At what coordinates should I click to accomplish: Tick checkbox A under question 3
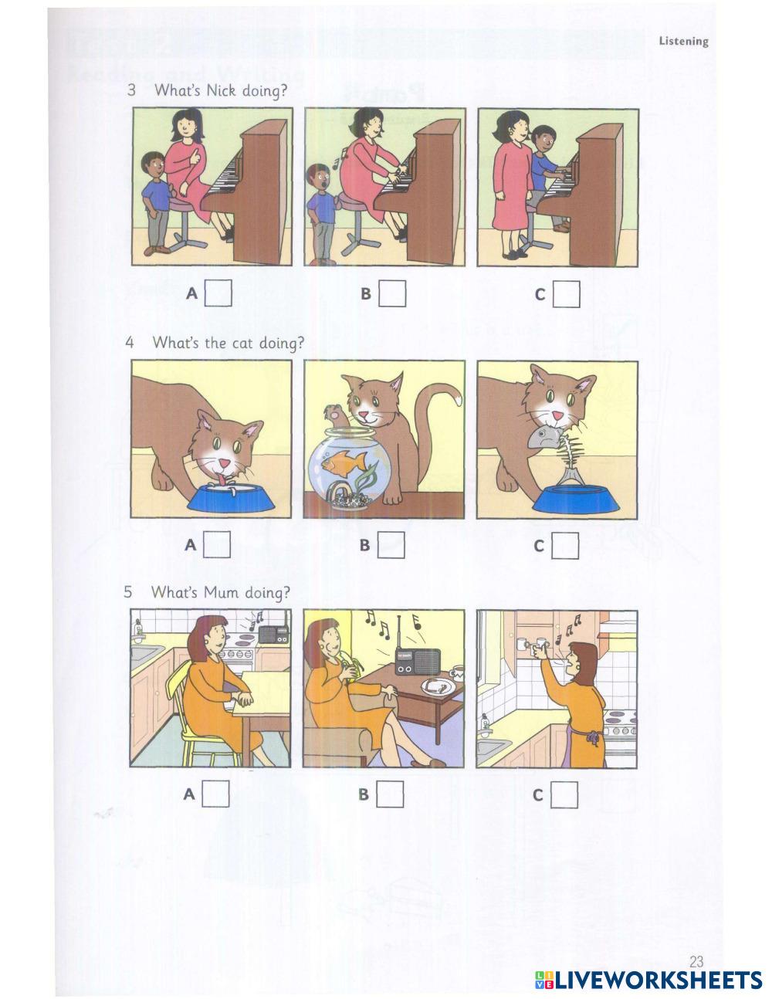218,293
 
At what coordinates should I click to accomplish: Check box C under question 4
565,546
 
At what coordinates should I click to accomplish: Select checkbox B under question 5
390,794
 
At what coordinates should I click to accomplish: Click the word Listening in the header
683,42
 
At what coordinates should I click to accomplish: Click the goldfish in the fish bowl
344,462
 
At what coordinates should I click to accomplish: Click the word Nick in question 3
221,90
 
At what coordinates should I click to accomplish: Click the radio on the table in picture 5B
417,662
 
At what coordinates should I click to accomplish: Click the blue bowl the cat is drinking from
231,498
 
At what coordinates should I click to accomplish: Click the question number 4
130,343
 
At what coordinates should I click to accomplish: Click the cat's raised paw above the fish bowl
334,411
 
